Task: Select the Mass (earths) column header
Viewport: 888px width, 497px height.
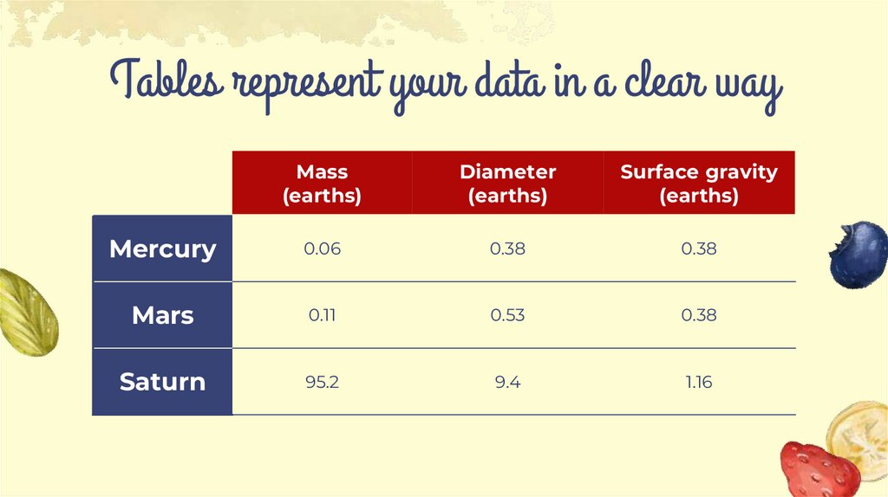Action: [x=322, y=184]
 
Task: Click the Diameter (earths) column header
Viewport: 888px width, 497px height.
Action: [x=507, y=184]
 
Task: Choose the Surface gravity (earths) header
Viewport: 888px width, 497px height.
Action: [x=699, y=184]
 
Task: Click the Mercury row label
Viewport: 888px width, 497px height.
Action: [x=162, y=249]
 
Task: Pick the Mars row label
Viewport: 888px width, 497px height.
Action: [x=162, y=315]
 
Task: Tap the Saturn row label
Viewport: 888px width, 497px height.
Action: [x=162, y=382]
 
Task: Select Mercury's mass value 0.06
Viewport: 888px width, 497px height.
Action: [x=322, y=249]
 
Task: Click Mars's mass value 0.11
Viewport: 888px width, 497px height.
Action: [x=322, y=315]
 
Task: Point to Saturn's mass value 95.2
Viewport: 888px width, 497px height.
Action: [x=322, y=382]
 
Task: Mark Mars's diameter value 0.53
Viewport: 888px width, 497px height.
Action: [x=507, y=315]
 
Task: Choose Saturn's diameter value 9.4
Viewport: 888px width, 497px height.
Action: [x=507, y=382]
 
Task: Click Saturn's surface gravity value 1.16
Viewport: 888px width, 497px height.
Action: [x=699, y=382]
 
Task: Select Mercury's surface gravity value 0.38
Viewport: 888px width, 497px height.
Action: [x=699, y=249]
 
